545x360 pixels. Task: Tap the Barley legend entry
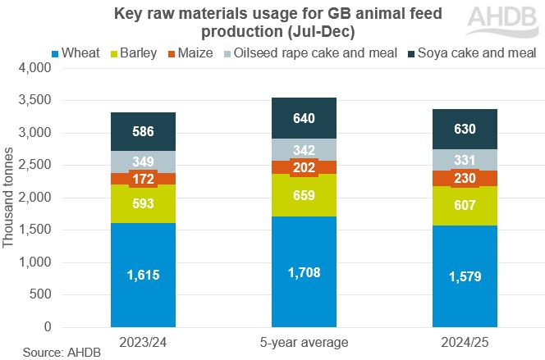pos(142,53)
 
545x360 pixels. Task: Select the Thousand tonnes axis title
pos(9,198)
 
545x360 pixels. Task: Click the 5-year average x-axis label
pos(305,339)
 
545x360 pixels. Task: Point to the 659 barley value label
pos(305,195)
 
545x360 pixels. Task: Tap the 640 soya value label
pos(305,119)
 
